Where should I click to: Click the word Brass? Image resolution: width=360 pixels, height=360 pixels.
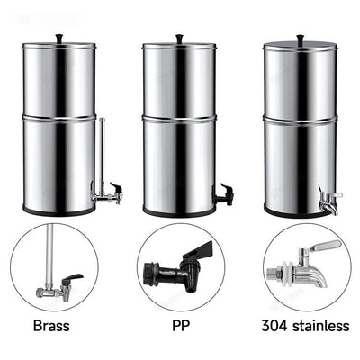point(51,323)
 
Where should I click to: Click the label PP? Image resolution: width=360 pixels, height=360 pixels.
point(178,323)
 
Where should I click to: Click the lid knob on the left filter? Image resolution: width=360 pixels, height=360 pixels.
point(58,38)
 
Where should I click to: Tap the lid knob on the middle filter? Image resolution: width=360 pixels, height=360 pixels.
point(178,38)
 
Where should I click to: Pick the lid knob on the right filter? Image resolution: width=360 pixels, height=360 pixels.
point(300,38)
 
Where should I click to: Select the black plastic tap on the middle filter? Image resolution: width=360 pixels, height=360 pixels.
point(221,193)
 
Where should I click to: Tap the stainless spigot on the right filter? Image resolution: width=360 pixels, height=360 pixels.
point(328,198)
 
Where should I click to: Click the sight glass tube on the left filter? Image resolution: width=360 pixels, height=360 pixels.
point(102,153)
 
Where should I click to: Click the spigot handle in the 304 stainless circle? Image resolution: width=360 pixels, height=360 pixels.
point(321,247)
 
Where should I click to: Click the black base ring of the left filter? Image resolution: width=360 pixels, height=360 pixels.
point(58,212)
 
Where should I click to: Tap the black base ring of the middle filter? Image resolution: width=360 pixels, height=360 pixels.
point(178,212)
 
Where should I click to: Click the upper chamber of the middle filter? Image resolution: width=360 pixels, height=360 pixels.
point(178,79)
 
